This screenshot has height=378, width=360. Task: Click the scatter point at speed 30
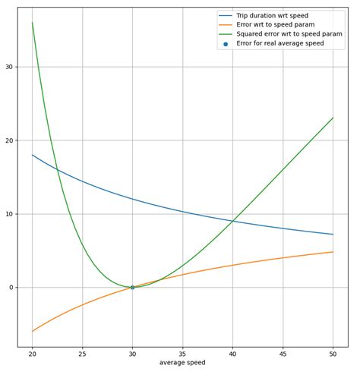(132, 287)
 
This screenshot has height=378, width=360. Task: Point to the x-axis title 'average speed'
(182, 363)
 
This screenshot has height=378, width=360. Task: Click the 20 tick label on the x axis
(33, 353)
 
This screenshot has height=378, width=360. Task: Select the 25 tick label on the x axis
(83, 353)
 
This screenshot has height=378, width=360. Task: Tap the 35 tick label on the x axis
(182, 353)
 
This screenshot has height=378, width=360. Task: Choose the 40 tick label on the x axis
(232, 353)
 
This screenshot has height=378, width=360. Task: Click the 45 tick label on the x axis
(283, 353)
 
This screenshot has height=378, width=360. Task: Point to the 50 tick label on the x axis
(333, 353)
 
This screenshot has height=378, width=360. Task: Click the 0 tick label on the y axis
(10, 287)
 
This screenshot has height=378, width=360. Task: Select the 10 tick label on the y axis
(8, 214)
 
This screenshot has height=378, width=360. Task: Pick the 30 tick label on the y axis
(8, 67)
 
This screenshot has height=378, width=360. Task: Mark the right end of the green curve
(333, 118)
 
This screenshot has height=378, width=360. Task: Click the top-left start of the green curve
(33, 23)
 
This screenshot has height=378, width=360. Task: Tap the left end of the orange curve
(33, 331)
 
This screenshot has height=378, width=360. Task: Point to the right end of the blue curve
(333, 234)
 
